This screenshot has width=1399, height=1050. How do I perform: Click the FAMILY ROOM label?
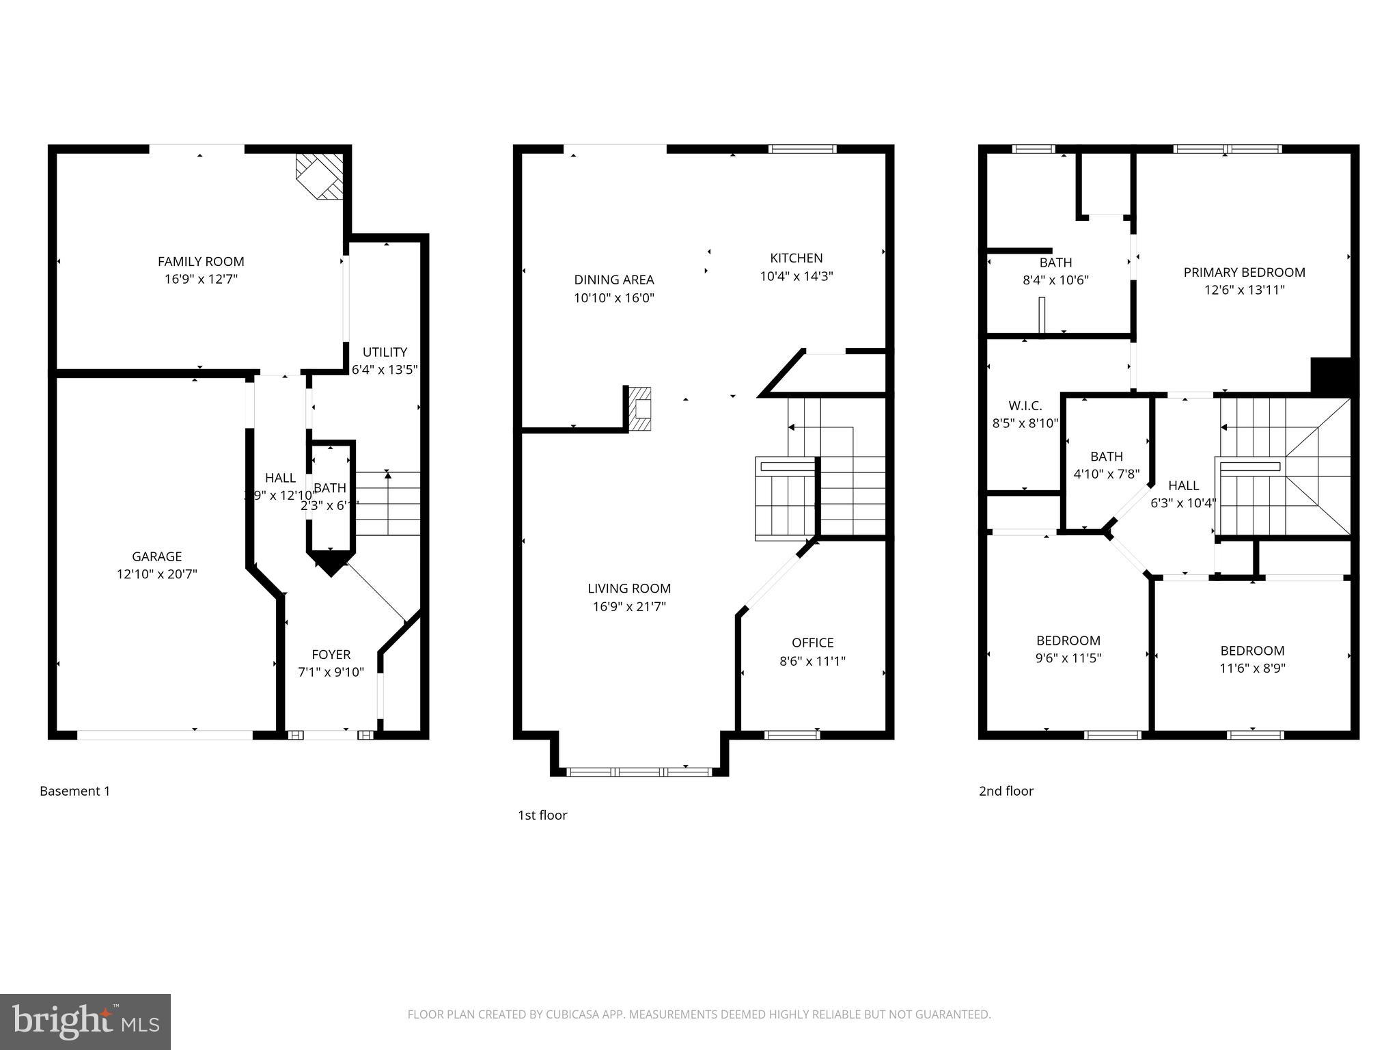[201, 261]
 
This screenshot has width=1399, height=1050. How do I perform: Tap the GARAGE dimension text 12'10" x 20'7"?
[157, 574]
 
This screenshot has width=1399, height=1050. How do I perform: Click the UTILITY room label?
[385, 352]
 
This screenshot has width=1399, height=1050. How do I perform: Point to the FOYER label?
[331, 654]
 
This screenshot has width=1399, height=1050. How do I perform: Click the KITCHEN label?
[796, 258]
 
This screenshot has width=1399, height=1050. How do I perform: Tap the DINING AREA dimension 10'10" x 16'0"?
[614, 298]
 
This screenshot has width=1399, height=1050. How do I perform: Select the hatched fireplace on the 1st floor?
[640, 409]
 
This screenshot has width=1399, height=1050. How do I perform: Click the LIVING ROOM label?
[629, 588]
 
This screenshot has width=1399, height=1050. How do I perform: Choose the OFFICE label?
[812, 643]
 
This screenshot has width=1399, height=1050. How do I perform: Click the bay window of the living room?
[639, 772]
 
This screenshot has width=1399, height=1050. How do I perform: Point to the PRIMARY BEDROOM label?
[1244, 272]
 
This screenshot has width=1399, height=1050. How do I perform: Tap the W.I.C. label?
[1025, 405]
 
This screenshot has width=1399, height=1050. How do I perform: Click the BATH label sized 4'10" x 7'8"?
[1106, 456]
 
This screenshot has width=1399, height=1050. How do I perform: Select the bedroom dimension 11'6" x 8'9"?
[1252, 669]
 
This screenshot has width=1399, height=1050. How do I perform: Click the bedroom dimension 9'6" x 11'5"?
[1068, 658]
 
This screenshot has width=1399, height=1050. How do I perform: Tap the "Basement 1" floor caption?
[74, 791]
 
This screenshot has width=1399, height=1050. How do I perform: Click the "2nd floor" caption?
[1006, 791]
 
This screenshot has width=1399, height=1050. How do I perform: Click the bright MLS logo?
[85, 1021]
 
